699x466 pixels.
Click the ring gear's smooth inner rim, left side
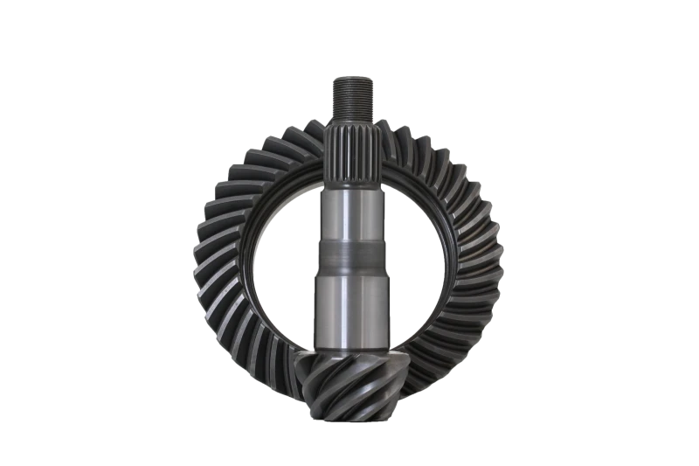tap(248, 262)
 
